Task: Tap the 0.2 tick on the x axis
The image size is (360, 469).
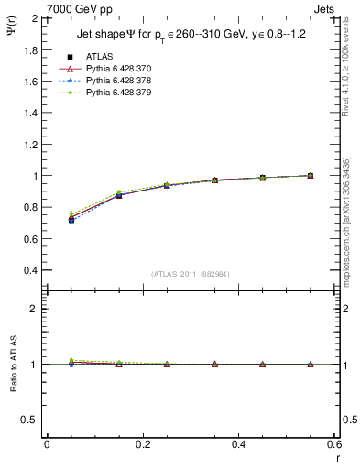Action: click(x=142, y=443)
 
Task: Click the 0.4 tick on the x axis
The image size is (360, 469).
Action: click(x=238, y=443)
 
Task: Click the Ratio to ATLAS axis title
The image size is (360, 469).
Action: click(x=12, y=365)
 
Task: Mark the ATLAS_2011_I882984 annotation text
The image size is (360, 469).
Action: click(x=190, y=273)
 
